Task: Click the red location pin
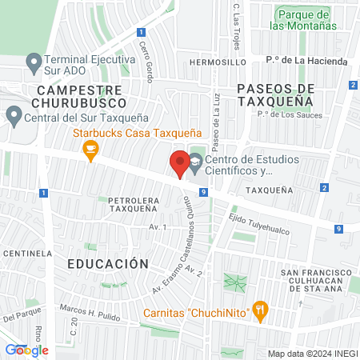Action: (179, 163)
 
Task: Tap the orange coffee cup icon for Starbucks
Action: (91, 150)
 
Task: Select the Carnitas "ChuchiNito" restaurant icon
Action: (260, 312)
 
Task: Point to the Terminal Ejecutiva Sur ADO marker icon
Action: (33, 61)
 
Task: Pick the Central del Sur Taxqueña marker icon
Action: (14, 116)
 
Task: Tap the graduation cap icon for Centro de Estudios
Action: (195, 163)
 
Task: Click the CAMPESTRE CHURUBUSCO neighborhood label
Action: (79, 97)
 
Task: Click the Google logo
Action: (27, 350)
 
